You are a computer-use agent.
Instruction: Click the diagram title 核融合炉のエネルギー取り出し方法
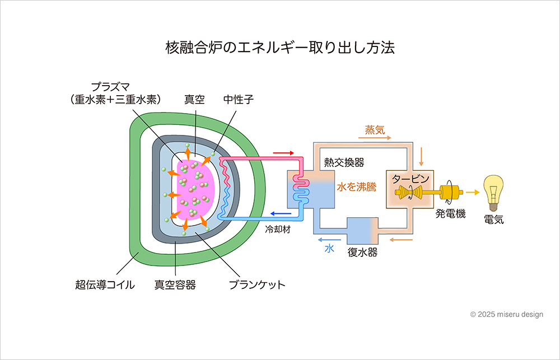[x=280, y=48]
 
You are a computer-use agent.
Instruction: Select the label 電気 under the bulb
[x=494, y=220]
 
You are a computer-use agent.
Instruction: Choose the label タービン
[x=410, y=178]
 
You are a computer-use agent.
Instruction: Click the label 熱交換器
[x=344, y=162]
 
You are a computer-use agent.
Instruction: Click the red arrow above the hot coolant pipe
[x=283, y=152]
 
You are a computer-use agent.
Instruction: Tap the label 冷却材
[x=278, y=230]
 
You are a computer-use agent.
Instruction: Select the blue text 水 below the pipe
[x=329, y=249]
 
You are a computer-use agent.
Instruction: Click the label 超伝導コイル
[x=105, y=284]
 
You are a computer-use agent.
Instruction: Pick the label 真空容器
[x=175, y=284]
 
